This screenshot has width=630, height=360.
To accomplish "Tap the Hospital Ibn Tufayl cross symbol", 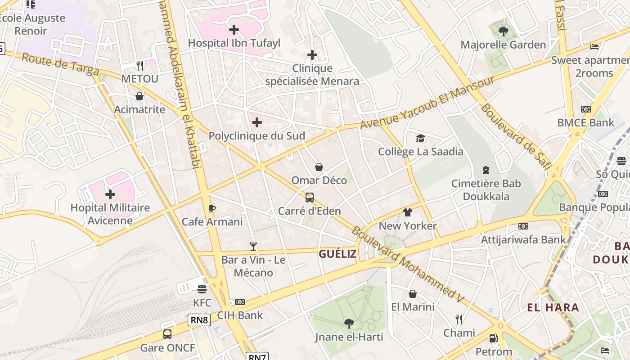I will click(x=234, y=30).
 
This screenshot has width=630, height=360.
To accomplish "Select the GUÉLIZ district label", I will click(x=337, y=254).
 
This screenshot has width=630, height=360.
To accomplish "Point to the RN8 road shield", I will click(x=199, y=320).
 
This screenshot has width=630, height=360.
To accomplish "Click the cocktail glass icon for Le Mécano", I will click(x=253, y=247).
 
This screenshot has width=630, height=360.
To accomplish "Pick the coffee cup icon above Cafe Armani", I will click(x=212, y=208).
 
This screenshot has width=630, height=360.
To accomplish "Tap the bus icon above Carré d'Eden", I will click(x=310, y=197).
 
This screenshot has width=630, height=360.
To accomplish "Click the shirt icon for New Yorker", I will click(x=408, y=212).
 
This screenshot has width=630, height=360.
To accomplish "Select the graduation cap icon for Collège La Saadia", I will click(x=420, y=138).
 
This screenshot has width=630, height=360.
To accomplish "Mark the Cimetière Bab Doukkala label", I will click(x=486, y=190).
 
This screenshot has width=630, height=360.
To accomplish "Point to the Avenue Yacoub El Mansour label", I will click(x=427, y=102).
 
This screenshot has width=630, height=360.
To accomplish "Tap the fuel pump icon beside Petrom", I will click(x=494, y=338).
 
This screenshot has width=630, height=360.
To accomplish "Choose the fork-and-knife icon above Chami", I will click(x=459, y=319).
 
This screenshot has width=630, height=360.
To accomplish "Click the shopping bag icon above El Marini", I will click(x=413, y=294).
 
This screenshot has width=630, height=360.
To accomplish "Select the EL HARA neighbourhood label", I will click(x=553, y=308).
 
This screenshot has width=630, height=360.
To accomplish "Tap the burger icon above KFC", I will click(x=202, y=289).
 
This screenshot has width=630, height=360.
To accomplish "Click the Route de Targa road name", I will click(x=60, y=64).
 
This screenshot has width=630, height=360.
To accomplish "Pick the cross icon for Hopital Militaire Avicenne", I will click(x=110, y=194).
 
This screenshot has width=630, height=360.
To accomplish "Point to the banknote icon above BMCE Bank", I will click(x=585, y=109).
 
